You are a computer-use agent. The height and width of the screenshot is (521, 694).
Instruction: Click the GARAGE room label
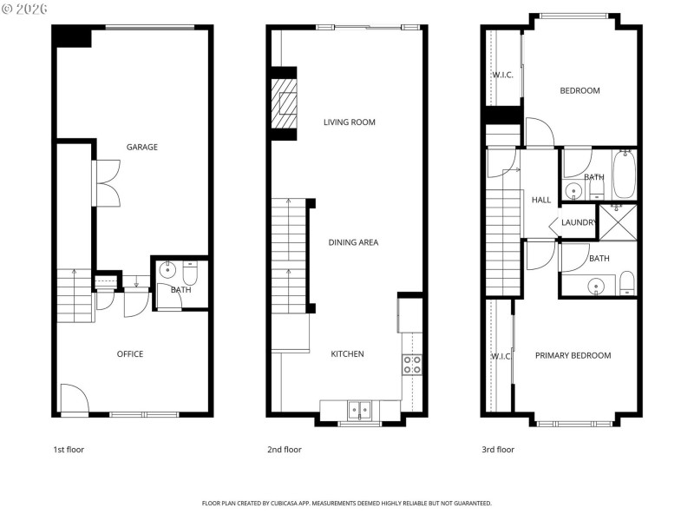tap(142, 147)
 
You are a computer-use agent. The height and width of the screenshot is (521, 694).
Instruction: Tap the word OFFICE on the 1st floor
tap(130, 353)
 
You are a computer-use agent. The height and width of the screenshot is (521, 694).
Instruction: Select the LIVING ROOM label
tap(350, 122)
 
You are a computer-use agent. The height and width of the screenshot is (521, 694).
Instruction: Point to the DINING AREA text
tap(353, 242)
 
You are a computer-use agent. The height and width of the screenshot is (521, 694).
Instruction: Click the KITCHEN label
tap(347, 353)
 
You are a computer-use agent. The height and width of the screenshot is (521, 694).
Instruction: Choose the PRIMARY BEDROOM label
tap(573, 355)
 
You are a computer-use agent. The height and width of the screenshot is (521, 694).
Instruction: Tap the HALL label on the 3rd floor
tap(541, 200)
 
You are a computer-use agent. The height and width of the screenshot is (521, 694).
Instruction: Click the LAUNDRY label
tap(579, 222)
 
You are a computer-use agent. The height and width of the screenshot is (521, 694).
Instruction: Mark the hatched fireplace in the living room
tap(285, 103)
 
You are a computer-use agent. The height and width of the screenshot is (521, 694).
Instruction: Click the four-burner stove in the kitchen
tap(412, 364)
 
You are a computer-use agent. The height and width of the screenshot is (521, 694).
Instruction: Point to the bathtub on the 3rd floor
tap(625, 175)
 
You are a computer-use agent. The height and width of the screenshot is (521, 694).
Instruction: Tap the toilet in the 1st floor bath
tap(191, 274)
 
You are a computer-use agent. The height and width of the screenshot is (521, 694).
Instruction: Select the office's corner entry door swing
tap(74, 399)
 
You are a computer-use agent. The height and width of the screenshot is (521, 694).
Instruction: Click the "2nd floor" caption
tap(284, 450)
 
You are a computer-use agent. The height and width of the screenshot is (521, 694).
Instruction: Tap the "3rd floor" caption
tap(498, 450)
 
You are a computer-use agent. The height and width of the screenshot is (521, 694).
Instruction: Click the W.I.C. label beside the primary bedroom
tap(501, 356)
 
